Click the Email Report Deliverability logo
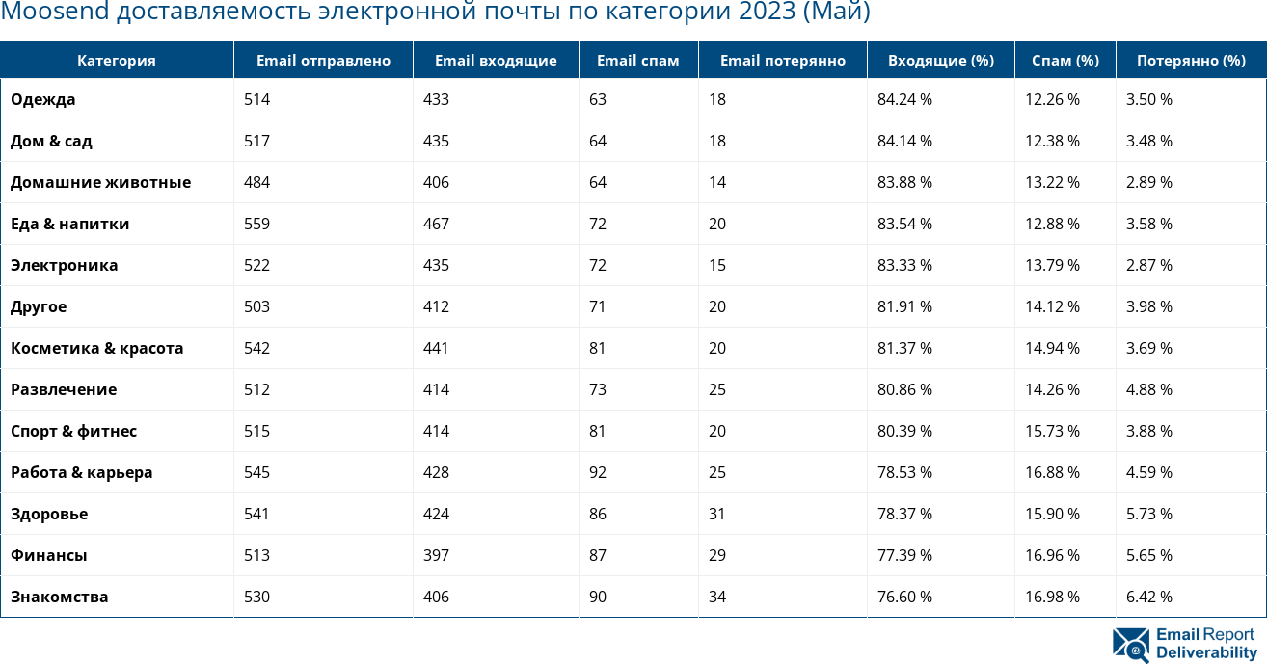tap(1184, 644)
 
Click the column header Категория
tap(117, 61)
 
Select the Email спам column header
tap(638, 61)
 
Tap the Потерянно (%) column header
tap(1191, 61)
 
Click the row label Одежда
tap(43, 99)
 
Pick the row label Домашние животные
tap(101, 182)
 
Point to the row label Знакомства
tap(60, 597)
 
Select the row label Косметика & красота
tap(97, 348)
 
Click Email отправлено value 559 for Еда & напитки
tap(256, 224)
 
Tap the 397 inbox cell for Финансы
tap(436, 555)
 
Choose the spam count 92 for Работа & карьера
tap(598, 472)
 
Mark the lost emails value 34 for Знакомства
tap(717, 597)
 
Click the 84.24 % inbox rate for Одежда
tap(904, 99)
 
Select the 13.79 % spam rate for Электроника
tap(1052, 265)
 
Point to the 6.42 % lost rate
tap(1149, 597)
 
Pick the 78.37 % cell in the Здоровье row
tap(904, 514)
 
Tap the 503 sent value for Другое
tap(256, 306)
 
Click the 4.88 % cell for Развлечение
tap(1149, 389)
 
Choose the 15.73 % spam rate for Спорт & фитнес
tap(1052, 431)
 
